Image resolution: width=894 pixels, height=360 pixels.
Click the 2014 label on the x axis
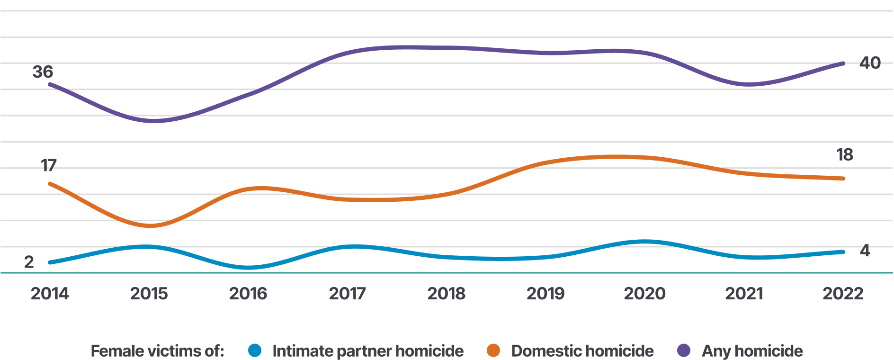click(50, 294)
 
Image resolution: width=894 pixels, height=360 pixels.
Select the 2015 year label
click(149, 294)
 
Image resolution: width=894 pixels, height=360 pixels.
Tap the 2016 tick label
click(248, 294)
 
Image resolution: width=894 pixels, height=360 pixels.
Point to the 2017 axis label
click(347, 294)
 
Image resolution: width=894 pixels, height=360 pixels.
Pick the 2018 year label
click(446, 294)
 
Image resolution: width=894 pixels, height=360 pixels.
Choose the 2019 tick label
click(545, 294)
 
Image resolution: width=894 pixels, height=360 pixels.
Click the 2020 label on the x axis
click(644, 294)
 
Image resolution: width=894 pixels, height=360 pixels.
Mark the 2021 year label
click(744, 294)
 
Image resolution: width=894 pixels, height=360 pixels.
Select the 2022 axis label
click(843, 294)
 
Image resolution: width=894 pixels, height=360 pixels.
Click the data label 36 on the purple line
click(43, 72)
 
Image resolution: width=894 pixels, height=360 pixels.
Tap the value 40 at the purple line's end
click(870, 63)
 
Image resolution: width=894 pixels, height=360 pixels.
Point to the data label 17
click(48, 165)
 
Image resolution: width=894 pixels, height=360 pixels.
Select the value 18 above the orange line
click(844, 155)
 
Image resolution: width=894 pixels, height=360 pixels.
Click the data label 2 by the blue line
click(29, 262)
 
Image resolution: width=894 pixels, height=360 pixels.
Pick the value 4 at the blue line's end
click(865, 251)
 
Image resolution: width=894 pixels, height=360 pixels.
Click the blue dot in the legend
click(255, 351)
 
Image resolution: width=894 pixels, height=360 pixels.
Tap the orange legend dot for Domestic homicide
click(493, 351)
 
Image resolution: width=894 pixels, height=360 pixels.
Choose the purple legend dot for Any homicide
click(684, 351)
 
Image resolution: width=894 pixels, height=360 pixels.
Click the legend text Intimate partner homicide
click(368, 351)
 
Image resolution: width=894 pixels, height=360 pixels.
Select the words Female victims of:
click(157, 351)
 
